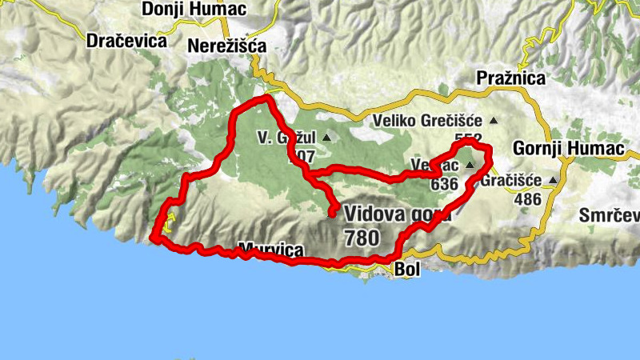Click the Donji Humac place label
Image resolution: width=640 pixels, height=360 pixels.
click(191, 9)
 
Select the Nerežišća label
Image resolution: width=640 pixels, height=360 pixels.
click(226, 46)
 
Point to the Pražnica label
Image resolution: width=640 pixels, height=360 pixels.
click(510, 78)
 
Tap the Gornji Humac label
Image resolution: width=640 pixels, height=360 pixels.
click(551, 149)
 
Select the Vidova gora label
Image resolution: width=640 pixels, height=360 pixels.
click(398, 214)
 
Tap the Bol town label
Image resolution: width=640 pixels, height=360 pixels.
click(407, 270)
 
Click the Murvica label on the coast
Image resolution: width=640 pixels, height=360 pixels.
click(271, 251)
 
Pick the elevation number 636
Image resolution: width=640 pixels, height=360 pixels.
click(444, 184)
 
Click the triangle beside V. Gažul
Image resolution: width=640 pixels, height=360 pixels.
click(326, 138)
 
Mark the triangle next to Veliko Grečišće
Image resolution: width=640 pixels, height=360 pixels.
click(493, 121)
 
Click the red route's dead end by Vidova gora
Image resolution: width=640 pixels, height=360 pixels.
click(332, 212)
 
